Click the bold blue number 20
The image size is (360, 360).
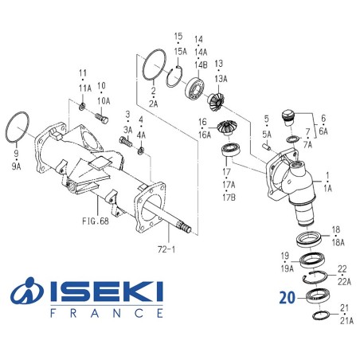[x=288, y=299]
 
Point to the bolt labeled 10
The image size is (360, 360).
[x=100, y=119]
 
